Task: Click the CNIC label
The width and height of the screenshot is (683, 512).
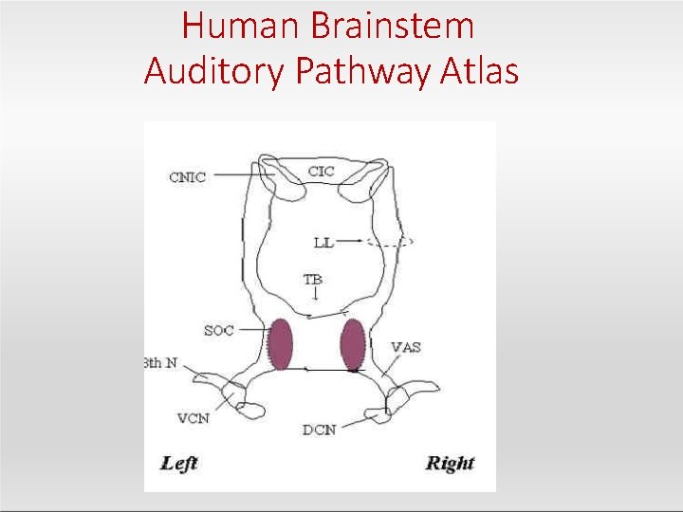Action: coord(187,177)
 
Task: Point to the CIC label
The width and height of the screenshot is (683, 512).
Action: coord(322,172)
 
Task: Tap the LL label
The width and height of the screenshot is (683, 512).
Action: coord(323,242)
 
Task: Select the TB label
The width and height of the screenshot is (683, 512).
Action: coord(312,280)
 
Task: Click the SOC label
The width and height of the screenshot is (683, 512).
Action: coord(218,331)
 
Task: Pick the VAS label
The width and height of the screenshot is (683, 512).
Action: coord(405,347)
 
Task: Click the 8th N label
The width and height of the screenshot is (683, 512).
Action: coord(160,363)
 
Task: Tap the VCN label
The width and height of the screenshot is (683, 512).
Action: coord(193,417)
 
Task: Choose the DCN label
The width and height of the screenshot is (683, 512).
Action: coord(319,430)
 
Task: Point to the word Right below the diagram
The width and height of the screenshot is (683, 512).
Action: coord(450,463)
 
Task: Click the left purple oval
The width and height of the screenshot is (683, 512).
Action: coord(279,343)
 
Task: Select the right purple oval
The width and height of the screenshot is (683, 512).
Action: coord(353,343)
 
